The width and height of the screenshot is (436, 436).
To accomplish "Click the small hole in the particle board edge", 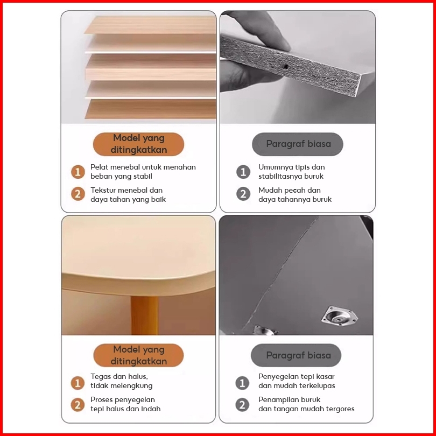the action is click(286, 67).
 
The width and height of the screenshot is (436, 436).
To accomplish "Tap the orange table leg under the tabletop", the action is click(145, 315).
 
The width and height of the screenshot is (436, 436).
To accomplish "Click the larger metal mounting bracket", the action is click(340, 317).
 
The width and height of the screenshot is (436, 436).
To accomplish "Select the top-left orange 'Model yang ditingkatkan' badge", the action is click(138, 144).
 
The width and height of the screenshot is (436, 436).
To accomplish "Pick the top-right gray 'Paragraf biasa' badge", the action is click(298, 144).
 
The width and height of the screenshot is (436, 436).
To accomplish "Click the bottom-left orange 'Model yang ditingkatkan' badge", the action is click(138, 355).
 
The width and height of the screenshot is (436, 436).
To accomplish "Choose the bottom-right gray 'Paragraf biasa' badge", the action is click(296, 355).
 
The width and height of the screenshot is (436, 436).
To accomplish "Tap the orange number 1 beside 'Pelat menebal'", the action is click(78, 172).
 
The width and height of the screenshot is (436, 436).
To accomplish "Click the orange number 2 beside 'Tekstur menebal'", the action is click(78, 194).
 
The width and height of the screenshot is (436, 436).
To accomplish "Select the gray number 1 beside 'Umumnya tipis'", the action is click(243, 172).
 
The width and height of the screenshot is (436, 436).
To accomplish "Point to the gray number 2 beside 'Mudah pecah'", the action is click(243, 194).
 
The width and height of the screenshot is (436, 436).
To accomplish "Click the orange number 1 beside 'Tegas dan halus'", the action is click(78, 383).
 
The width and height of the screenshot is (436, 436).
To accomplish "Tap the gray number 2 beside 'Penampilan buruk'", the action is click(242, 405).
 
